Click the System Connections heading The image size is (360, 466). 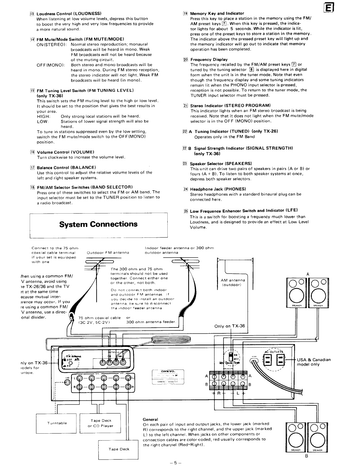(98, 224)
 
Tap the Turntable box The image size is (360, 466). (57, 423)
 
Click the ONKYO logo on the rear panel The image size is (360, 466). (168, 371)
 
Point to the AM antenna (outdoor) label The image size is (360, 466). (232, 282)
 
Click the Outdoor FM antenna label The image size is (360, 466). (108, 252)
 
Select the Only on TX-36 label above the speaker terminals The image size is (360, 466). (229, 326)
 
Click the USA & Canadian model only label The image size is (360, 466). (314, 362)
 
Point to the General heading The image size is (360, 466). (150, 419)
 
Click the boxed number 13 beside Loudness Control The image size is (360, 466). (32, 14)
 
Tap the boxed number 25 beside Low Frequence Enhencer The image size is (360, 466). (186, 211)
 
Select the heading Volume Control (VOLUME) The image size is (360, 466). (65, 152)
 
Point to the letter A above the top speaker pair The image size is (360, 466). (308, 274)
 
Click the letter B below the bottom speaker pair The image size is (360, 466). (306, 457)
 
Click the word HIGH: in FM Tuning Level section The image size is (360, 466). (44, 116)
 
